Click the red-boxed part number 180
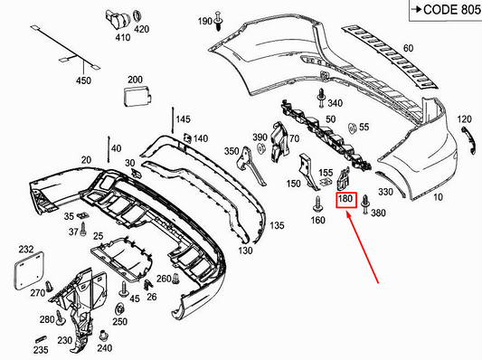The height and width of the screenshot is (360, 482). (x=345, y=199)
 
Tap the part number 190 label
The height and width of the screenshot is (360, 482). (x=203, y=21)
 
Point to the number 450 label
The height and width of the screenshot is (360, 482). (x=83, y=81)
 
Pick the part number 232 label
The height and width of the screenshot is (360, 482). (x=25, y=248)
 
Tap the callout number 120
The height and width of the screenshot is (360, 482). (x=464, y=120)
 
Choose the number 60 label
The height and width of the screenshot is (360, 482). (x=408, y=48)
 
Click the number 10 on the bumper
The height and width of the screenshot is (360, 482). (x=439, y=196)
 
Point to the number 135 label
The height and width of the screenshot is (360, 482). (x=277, y=225)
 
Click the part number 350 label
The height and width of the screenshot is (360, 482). (x=232, y=151)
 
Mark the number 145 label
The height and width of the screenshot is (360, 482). (x=183, y=120)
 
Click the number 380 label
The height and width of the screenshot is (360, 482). (x=378, y=213)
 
